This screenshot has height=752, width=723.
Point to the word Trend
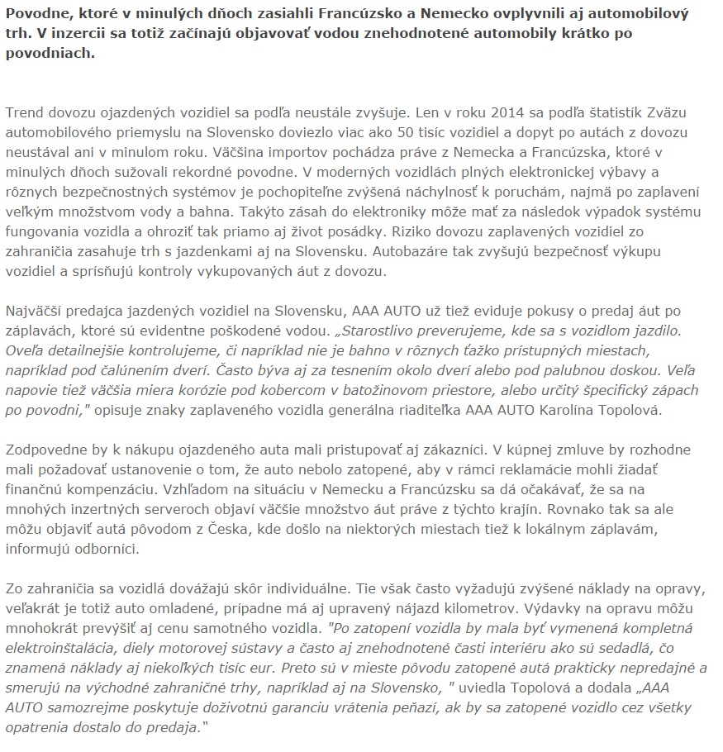pyautogui.click(x=26, y=111)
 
